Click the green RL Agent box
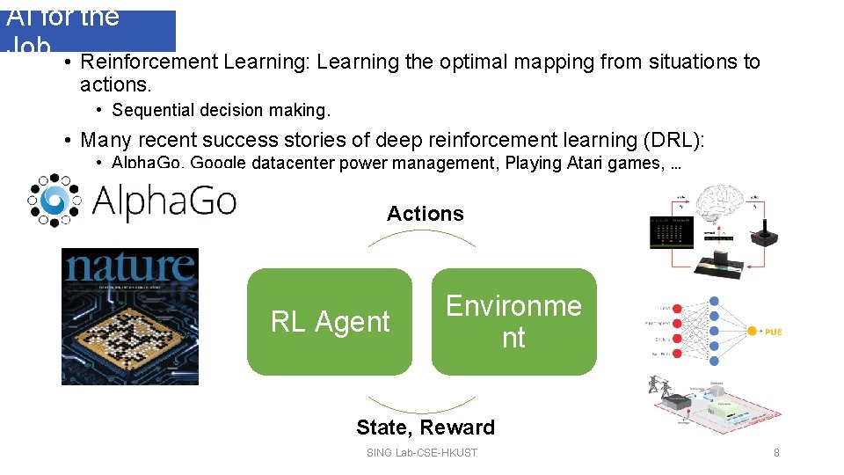click(329, 322)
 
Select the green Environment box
click(513, 322)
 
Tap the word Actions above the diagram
click(425, 214)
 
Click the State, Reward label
click(425, 427)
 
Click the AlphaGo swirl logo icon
click(54, 200)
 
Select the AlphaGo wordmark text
click(164, 201)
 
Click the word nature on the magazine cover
click(129, 266)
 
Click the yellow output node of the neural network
click(752, 332)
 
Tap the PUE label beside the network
click(772, 332)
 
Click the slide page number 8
click(776, 453)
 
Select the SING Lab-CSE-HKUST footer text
click(421, 453)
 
